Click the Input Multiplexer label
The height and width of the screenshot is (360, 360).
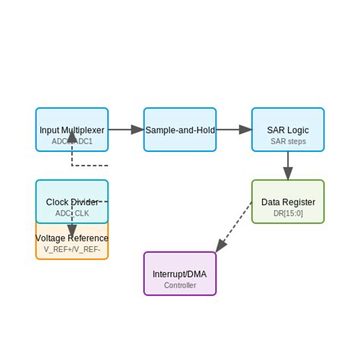[71, 130]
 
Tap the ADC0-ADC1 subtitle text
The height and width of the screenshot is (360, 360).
[71, 141]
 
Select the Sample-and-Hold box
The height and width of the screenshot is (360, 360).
[180, 130]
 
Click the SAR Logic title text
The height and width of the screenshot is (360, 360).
[288, 130]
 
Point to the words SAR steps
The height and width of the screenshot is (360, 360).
[288, 141]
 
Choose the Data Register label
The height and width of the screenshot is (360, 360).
[288, 202]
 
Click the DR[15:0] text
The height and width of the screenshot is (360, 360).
[288, 213]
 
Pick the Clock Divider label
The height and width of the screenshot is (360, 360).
[71, 202]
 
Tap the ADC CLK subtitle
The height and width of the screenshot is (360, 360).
[71, 213]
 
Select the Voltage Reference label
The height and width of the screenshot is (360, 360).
[71, 238]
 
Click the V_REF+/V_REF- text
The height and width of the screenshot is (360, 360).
[71, 249]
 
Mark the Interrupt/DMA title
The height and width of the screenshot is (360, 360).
[180, 274]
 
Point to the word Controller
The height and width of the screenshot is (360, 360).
[180, 286]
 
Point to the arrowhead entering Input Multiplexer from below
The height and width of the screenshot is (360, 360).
[71, 136]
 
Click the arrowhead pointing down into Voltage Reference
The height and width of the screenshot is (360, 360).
[71, 231]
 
